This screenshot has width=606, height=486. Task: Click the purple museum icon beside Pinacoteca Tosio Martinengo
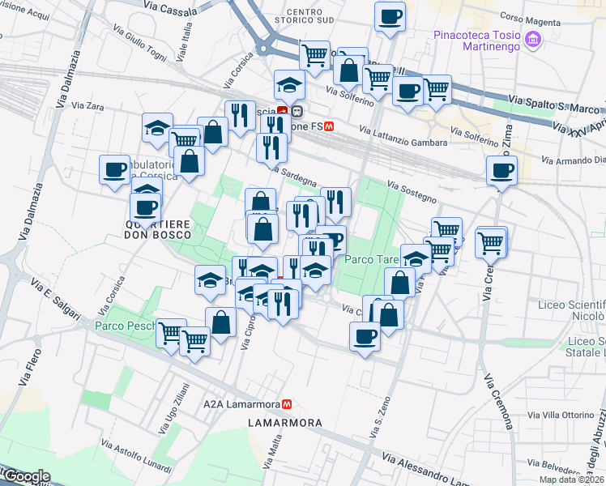[x=532, y=39]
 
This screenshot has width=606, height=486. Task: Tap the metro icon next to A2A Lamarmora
[x=286, y=403]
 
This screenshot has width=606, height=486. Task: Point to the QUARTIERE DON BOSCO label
[x=158, y=228]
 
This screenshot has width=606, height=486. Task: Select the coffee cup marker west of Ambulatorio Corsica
[x=114, y=168]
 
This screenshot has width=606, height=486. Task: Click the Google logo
[x=26, y=477]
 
